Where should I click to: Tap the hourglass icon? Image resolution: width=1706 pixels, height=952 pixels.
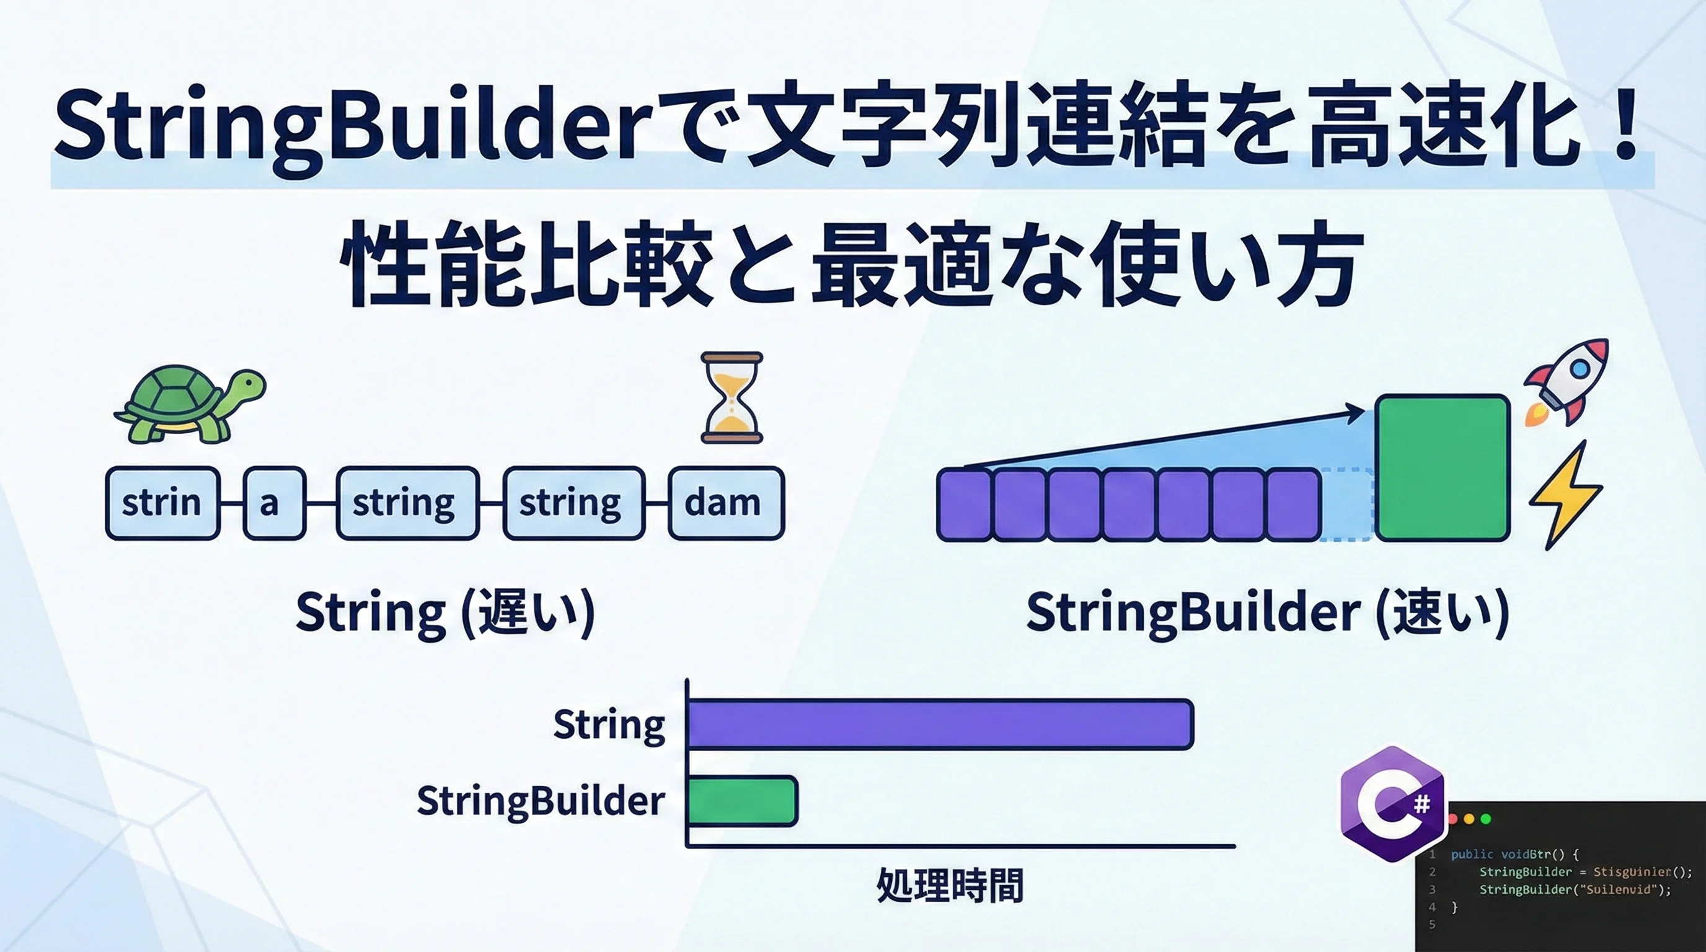731,397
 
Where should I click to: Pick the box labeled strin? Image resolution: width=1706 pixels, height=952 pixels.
162,503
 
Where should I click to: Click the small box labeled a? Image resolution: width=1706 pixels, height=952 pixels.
274,503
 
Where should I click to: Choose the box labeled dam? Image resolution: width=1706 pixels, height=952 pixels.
726,503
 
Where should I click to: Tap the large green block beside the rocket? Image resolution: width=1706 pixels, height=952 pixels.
1443,467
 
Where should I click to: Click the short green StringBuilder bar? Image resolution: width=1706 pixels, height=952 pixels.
743,800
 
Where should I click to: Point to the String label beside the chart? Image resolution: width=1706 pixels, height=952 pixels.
609,725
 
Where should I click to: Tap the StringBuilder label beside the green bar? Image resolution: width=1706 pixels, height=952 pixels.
541,801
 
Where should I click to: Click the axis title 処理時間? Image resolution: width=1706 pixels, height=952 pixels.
950,885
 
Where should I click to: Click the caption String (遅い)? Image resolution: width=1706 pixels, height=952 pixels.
445,612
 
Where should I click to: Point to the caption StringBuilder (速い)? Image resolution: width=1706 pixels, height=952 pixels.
1268,612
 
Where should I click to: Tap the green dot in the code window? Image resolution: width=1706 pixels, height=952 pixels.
1485,819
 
